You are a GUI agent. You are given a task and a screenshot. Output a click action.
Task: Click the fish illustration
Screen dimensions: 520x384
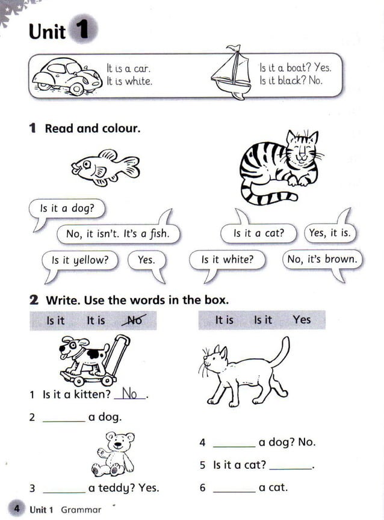pos(105,166)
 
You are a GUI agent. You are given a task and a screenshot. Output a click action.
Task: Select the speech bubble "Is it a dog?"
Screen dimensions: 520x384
pos(66,209)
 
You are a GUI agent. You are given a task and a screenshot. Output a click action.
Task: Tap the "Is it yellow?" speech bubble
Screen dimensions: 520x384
pos(80,260)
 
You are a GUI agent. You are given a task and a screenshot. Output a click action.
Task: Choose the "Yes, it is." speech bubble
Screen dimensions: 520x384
pos(329,233)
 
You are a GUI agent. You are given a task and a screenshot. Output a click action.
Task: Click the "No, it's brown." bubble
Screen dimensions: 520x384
pos(322,260)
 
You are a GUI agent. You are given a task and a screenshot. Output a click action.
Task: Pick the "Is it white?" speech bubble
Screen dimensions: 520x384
pos(228,260)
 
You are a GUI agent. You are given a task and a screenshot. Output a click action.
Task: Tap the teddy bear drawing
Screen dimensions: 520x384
pos(114,455)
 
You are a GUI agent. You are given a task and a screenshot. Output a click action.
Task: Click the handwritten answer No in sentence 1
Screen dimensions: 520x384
pos(129,395)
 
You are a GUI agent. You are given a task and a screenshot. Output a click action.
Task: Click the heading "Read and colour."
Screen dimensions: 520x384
pos(92,128)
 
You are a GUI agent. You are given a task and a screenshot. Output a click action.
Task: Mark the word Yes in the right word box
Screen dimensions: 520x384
pos(302,320)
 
